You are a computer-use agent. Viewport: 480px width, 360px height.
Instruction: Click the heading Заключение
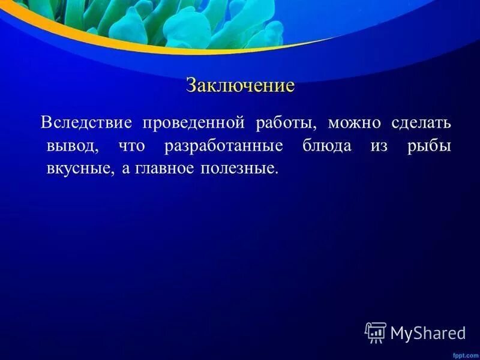240,85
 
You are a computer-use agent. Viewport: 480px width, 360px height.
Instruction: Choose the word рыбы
430,146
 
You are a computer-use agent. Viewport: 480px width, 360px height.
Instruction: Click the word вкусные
77,169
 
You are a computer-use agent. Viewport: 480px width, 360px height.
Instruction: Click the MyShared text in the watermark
428,332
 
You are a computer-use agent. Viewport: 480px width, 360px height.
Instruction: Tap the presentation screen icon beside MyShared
376,332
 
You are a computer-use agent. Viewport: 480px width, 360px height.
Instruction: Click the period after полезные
277,172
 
